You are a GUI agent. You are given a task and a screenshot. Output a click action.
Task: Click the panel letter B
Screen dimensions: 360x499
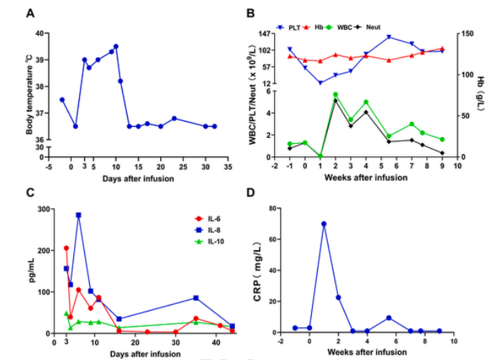(x=250, y=14)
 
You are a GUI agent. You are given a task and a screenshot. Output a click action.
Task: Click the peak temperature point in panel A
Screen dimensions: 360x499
(x=116, y=46)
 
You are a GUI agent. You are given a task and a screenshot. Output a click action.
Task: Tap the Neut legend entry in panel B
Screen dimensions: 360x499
(x=400, y=28)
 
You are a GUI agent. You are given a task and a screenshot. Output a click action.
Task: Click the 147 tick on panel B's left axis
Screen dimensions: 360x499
(x=265, y=33)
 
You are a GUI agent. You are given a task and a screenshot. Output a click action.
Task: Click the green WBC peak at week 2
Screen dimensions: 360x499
(x=335, y=94)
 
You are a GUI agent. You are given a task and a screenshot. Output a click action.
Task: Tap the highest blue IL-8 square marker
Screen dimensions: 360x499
(x=78, y=215)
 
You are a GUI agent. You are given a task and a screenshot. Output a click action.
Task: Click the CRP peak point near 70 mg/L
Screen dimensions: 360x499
(x=323, y=224)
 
